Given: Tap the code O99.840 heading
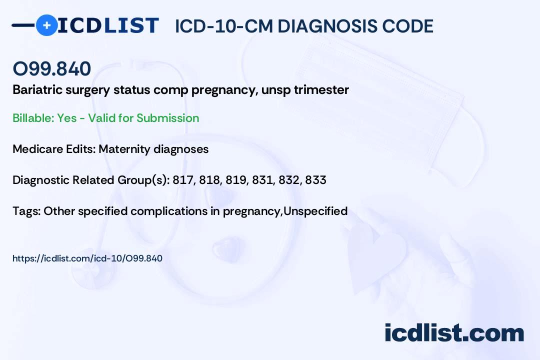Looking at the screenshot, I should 51,68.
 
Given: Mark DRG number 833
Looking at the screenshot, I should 315,180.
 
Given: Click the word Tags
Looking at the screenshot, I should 25,211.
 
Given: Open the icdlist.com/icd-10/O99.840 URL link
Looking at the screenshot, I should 87,258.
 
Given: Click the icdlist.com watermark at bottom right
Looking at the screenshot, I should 454,332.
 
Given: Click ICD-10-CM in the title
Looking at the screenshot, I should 223,26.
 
